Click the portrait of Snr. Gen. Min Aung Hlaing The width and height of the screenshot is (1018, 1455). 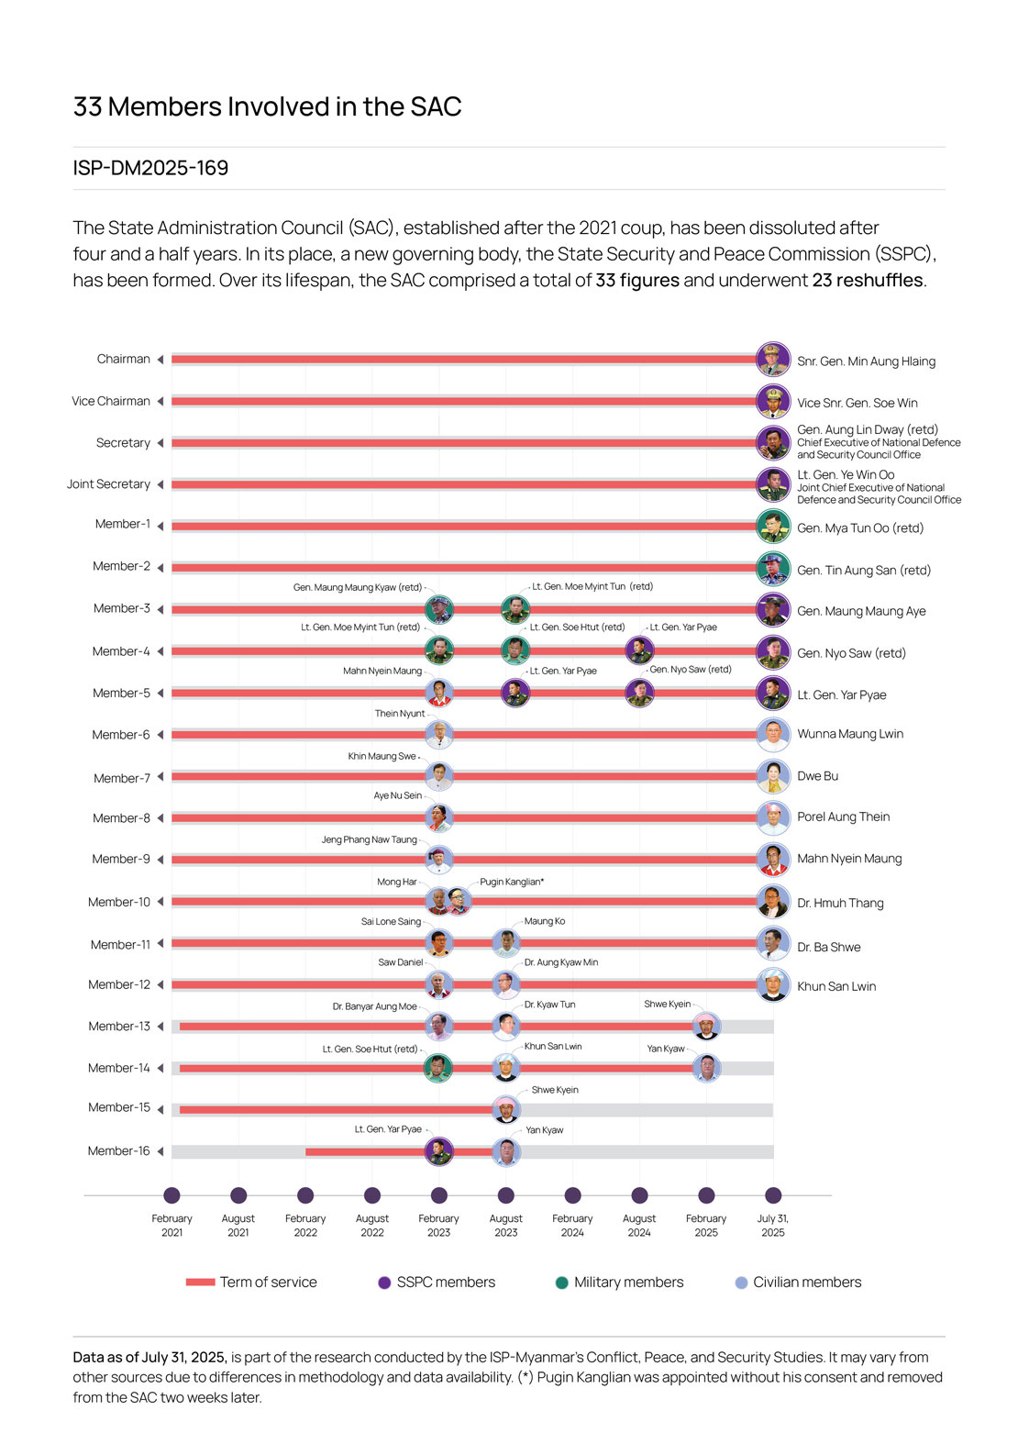(x=773, y=360)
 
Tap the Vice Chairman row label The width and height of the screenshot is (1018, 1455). (x=111, y=401)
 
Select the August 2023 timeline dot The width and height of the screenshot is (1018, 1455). (x=505, y=1195)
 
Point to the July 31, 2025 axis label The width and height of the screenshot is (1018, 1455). (x=773, y=1226)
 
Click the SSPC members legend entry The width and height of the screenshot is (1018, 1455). (x=445, y=1283)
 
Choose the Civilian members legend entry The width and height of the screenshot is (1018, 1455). (x=806, y=1283)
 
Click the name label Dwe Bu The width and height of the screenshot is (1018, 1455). (x=817, y=776)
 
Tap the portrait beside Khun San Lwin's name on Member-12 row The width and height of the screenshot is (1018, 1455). (x=773, y=984)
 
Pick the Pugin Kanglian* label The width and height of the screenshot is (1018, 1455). (x=512, y=882)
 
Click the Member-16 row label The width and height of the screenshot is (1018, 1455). (x=118, y=1150)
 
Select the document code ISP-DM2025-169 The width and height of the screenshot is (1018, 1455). (x=150, y=168)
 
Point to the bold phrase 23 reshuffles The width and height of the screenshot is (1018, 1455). (x=867, y=280)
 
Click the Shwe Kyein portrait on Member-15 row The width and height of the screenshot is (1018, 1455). (x=505, y=1109)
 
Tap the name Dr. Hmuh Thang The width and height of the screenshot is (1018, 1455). (x=840, y=903)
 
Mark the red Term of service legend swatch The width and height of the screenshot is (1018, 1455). (x=200, y=1283)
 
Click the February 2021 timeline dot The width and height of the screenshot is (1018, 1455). (x=172, y=1195)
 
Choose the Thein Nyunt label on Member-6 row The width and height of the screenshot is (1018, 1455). (x=400, y=714)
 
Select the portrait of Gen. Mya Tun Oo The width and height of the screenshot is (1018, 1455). (x=773, y=527)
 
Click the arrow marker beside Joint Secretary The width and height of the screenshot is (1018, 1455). (x=160, y=484)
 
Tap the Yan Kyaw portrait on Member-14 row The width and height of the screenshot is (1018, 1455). (x=705, y=1068)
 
